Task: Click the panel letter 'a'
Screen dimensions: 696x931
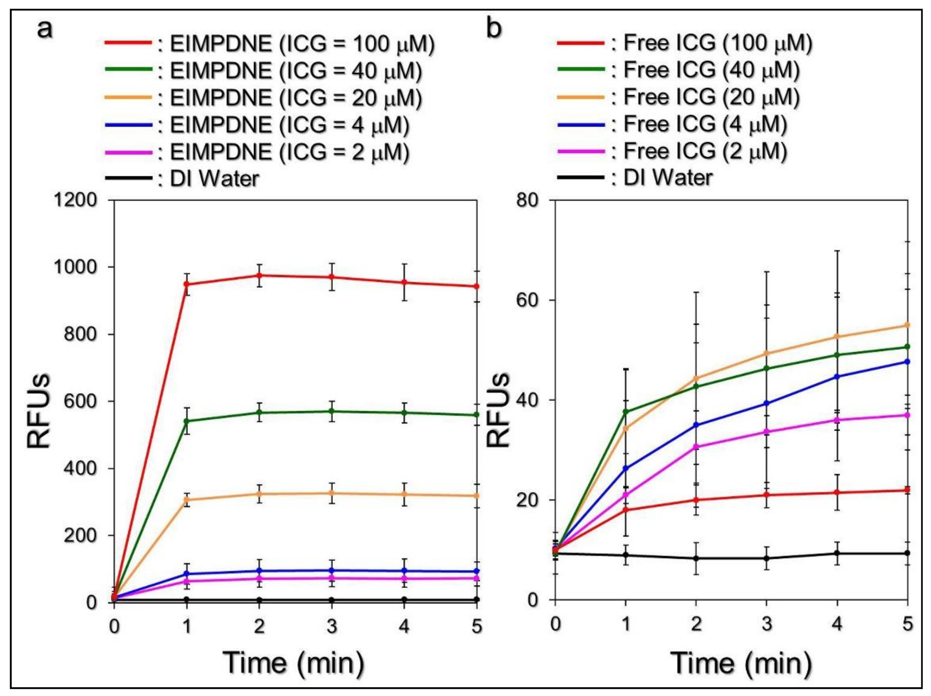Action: point(45,29)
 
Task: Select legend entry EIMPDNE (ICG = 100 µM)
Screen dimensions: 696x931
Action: point(302,44)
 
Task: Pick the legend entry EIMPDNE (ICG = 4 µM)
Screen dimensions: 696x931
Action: point(289,126)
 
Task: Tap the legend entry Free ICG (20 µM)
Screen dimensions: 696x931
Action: point(712,97)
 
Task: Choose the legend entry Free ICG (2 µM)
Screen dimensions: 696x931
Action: point(705,151)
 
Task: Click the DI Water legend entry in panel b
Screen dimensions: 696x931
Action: point(668,178)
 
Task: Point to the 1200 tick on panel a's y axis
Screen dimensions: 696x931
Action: point(75,200)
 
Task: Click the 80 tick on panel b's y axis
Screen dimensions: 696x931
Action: point(528,200)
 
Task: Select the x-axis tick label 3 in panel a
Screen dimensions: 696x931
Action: point(331,626)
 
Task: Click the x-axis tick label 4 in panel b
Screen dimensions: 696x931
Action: point(837,624)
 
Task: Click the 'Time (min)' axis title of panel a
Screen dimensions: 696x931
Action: point(293,663)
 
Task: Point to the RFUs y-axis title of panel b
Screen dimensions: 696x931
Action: point(498,410)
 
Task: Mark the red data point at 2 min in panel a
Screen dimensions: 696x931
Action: point(259,275)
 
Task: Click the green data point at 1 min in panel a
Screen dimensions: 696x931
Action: point(186,421)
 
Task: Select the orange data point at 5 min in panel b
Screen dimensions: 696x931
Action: point(907,325)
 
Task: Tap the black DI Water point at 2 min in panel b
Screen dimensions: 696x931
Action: point(696,558)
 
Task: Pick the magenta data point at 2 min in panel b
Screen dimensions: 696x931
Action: point(696,447)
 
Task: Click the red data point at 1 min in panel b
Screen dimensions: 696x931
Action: point(626,510)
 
